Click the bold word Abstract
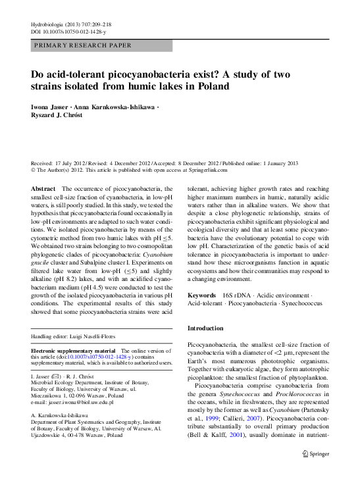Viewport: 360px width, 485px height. tap(43, 189)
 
